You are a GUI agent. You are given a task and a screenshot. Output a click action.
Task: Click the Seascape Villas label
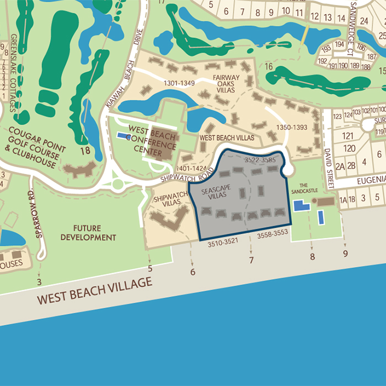point(215,194)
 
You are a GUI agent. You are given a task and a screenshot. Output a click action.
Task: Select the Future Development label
point(89,232)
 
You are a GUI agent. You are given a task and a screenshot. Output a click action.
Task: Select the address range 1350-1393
point(292,127)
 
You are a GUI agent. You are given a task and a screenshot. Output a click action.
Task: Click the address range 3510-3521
point(223,242)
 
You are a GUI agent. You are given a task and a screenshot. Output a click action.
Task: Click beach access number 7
point(251,260)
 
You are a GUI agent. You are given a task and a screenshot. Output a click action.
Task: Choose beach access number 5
point(150,269)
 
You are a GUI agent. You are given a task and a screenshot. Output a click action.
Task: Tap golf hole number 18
point(85,151)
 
